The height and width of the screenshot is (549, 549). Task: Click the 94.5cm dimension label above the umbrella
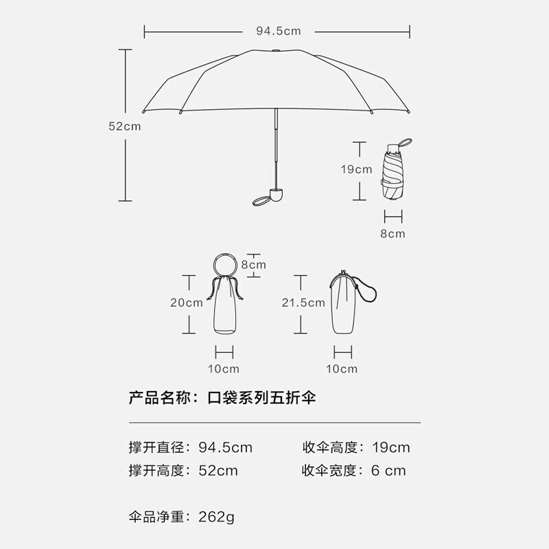(278, 31)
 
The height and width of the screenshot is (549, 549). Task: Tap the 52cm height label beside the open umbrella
(124, 126)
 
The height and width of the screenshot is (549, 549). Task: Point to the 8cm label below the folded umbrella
(393, 233)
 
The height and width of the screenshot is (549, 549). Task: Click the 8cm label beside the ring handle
(253, 264)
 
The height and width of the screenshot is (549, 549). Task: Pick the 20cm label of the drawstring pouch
(187, 302)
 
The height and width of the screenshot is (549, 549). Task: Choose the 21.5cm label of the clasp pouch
(303, 302)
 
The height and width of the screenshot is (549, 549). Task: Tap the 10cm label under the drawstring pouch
(224, 369)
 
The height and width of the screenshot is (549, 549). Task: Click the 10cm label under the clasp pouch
(342, 369)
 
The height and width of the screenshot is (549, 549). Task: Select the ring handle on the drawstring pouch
(224, 264)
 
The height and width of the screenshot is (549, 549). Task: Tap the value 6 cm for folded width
(388, 470)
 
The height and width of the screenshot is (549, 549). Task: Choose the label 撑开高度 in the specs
(157, 470)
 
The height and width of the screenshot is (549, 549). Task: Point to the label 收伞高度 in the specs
(331, 448)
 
